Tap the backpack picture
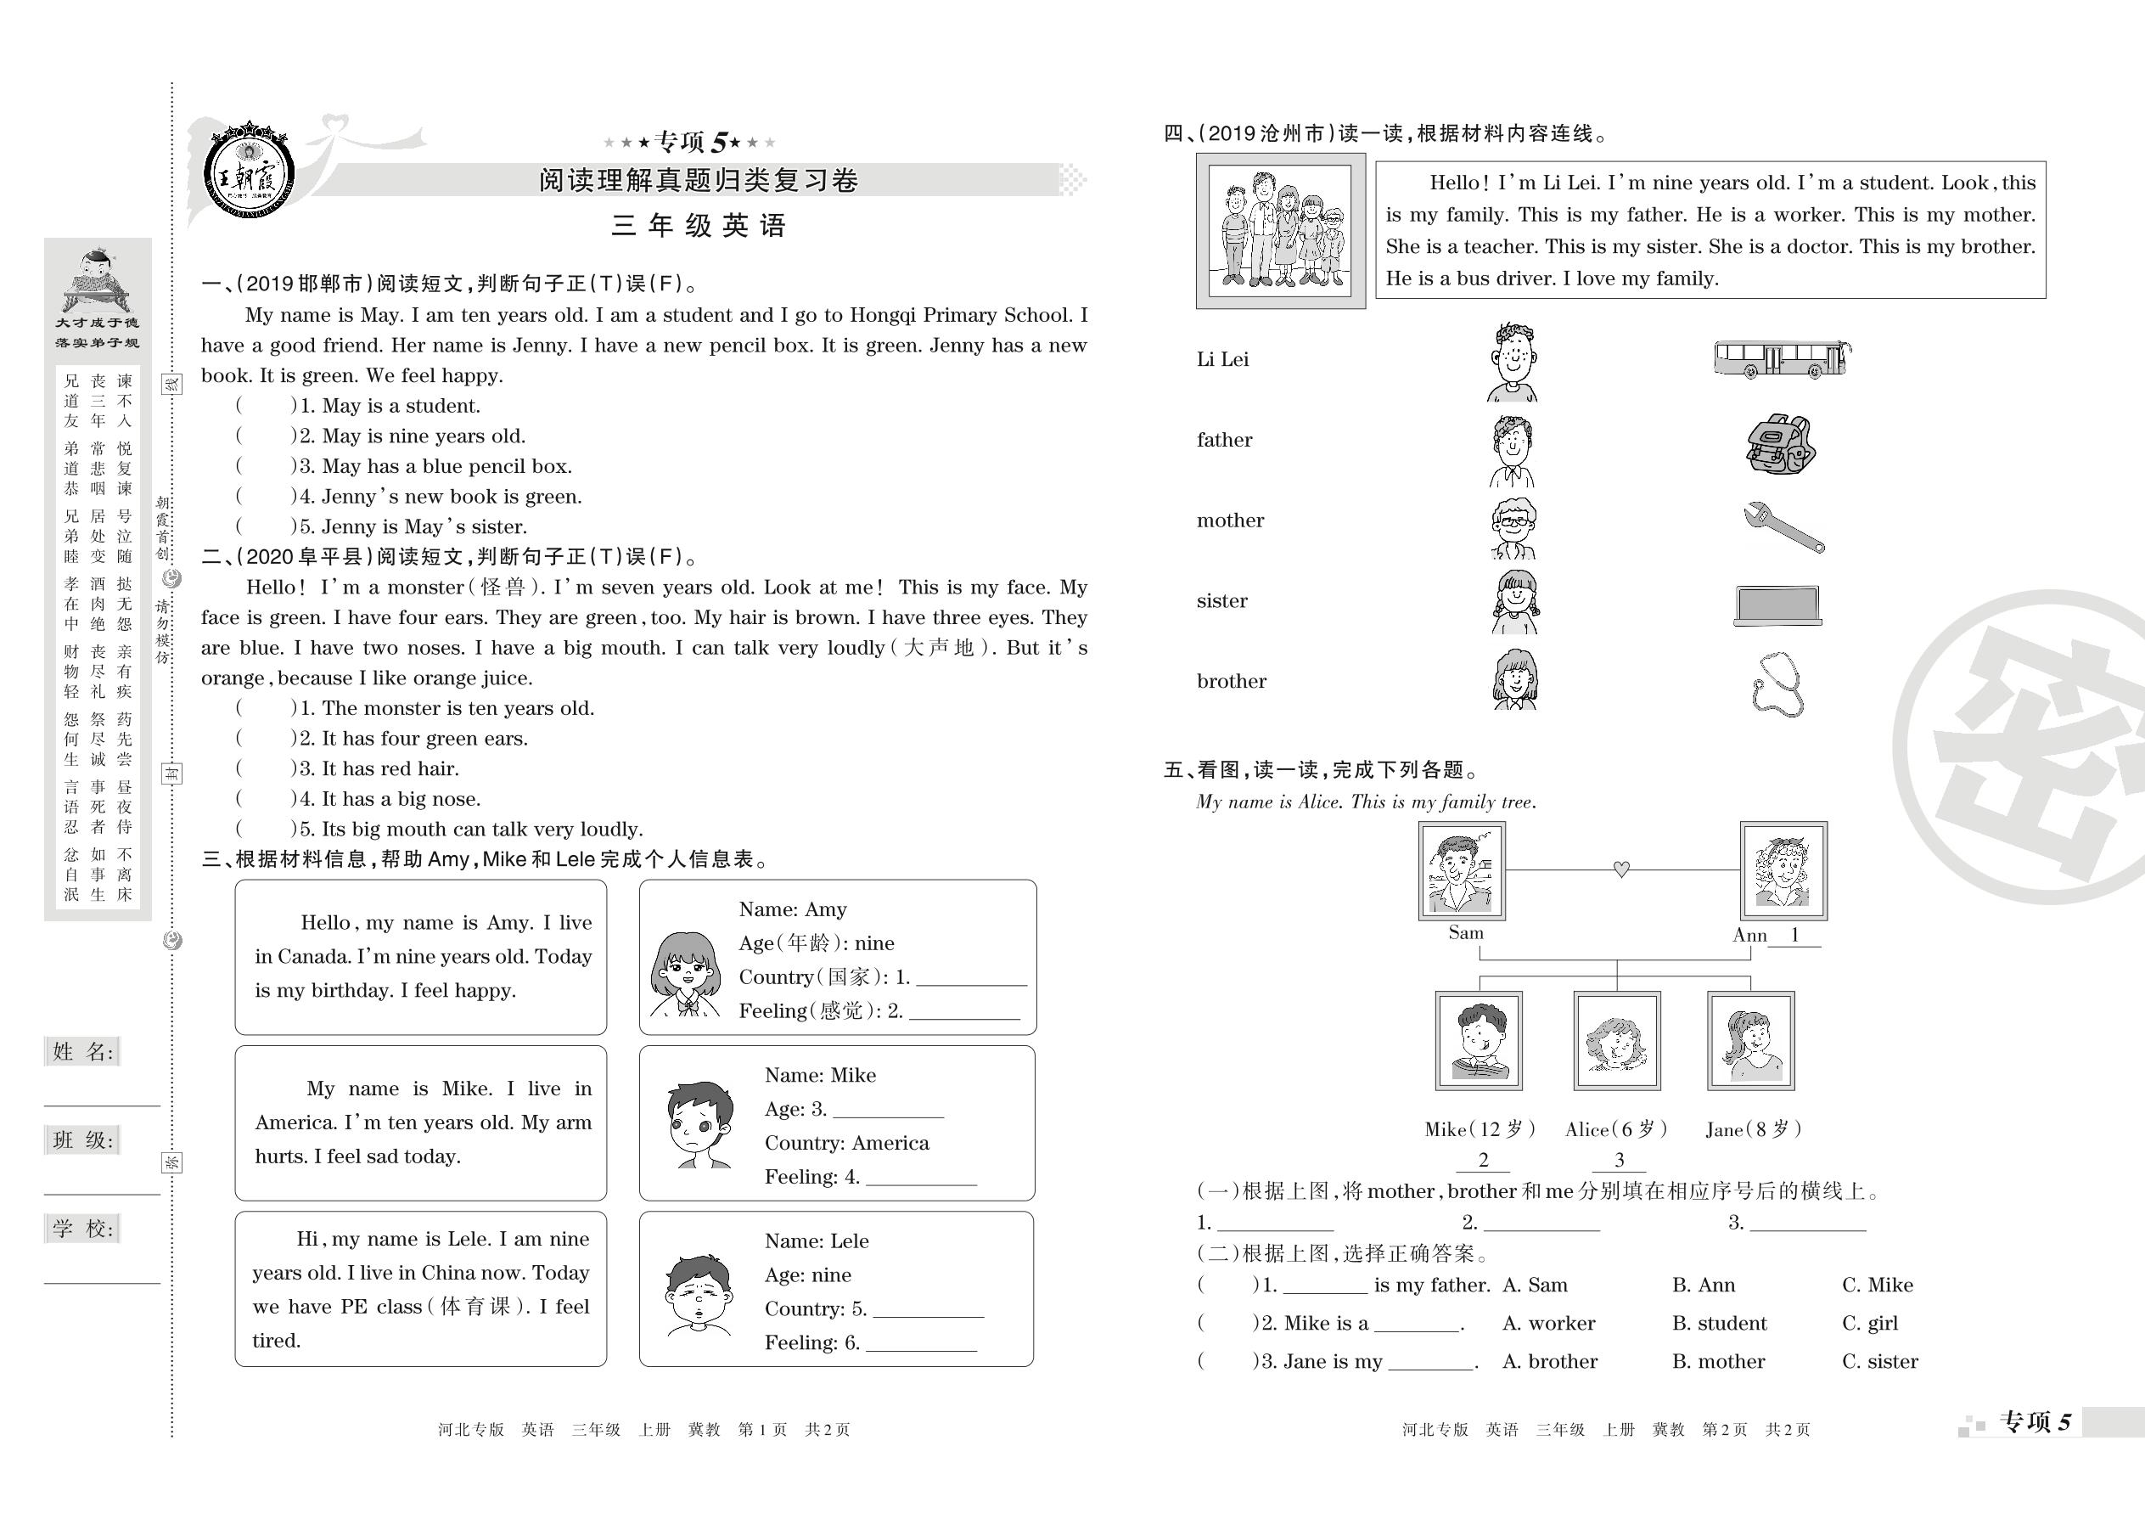pos(1779,444)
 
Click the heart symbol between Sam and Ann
pos(1621,869)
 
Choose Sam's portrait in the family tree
pos(1462,869)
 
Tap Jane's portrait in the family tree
pos(1750,1040)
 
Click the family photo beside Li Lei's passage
pos(1279,230)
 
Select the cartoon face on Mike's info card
pos(699,1123)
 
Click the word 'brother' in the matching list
pos(1232,682)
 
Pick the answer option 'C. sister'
pos(1879,1362)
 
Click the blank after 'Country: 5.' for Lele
pos(928,1309)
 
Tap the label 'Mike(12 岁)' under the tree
pos(1480,1130)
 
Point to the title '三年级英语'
pos(698,225)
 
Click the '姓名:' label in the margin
pos(82,1052)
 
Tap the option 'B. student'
pos(1719,1324)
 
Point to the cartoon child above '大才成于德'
pos(96,279)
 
